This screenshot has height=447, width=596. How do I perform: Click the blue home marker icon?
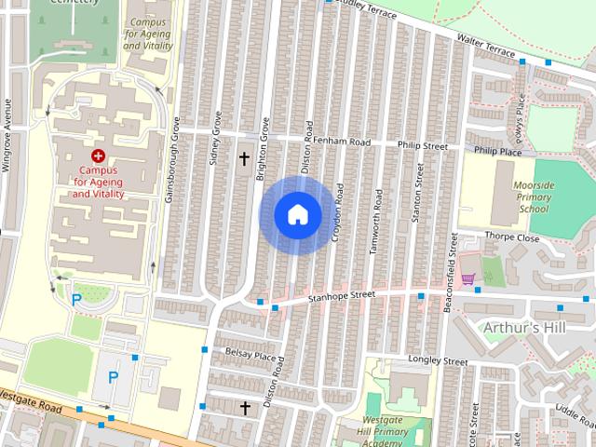click(297, 214)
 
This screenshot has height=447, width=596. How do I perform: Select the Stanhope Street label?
click(342, 297)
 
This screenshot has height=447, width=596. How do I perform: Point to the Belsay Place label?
click(251, 355)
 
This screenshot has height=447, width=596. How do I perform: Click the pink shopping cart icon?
click(467, 278)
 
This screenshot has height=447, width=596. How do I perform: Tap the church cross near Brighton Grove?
click(244, 159)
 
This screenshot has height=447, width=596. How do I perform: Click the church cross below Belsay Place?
click(246, 408)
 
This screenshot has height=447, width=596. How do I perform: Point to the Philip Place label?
click(497, 150)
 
